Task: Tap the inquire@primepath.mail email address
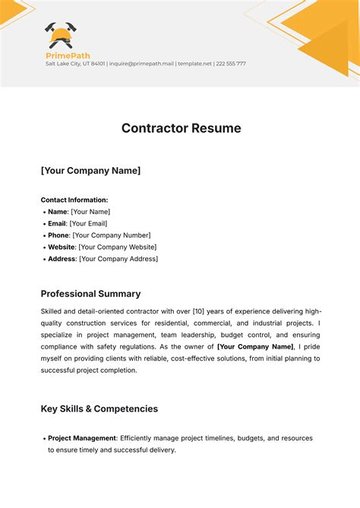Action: click(141, 64)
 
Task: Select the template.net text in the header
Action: click(194, 64)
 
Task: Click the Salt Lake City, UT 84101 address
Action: click(75, 64)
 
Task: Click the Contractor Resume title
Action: click(181, 128)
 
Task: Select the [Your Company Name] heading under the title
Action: click(90, 171)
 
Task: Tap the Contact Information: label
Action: click(74, 200)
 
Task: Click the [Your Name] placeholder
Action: click(90, 212)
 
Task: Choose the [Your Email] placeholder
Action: click(88, 223)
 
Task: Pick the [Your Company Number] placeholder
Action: click(112, 235)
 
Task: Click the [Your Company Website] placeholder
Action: click(118, 247)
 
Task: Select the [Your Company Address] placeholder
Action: click(118, 259)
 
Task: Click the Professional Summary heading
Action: click(90, 294)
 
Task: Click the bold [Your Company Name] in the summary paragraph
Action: click(255, 346)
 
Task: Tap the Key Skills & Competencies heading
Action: click(99, 409)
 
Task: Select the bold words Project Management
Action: click(82, 438)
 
